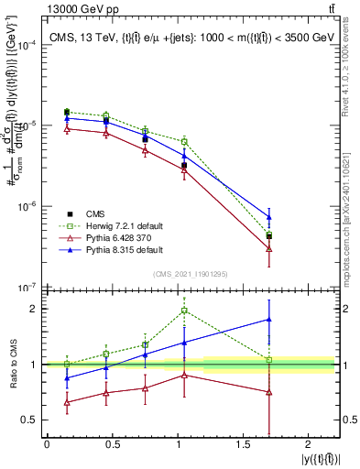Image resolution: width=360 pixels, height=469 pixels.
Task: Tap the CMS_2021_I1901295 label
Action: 189,274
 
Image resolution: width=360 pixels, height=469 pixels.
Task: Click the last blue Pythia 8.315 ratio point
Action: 268,320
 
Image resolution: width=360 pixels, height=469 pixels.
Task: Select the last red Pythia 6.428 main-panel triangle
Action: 268,248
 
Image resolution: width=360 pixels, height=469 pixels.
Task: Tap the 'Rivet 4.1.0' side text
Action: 349,64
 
